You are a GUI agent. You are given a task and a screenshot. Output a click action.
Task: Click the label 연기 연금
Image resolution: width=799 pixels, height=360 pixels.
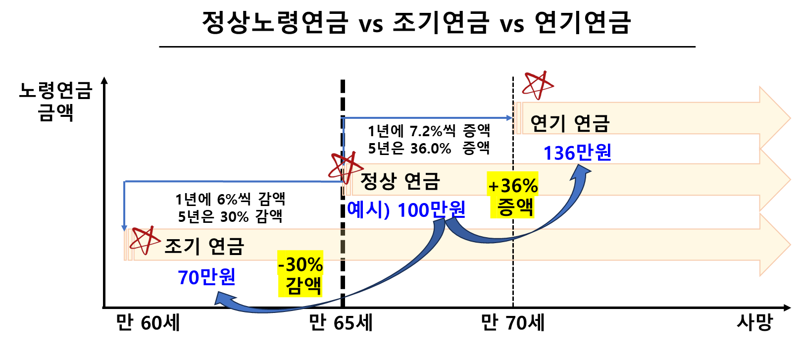pyautogui.click(x=569, y=123)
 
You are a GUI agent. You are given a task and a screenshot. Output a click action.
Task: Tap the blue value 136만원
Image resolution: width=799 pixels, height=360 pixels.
pyautogui.click(x=577, y=153)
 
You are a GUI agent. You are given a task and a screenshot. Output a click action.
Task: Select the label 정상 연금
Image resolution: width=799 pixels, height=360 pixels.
pyautogui.click(x=399, y=181)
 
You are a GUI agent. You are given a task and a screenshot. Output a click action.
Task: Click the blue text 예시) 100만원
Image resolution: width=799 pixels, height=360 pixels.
pyautogui.click(x=406, y=210)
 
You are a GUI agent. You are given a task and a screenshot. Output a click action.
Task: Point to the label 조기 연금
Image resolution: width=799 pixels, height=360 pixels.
pyautogui.click(x=204, y=246)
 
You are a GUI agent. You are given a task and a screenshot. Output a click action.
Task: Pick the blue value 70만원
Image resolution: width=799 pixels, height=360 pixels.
pyautogui.click(x=206, y=277)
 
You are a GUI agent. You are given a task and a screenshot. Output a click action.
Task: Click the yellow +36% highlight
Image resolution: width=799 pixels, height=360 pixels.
pyautogui.click(x=513, y=186)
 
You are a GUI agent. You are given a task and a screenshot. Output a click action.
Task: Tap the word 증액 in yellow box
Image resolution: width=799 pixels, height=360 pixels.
pyautogui.click(x=515, y=207)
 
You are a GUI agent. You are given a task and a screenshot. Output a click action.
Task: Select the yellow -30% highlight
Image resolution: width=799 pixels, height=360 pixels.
pyautogui.click(x=300, y=264)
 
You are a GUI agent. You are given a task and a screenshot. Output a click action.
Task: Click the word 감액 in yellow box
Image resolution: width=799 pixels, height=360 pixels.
pyautogui.click(x=303, y=286)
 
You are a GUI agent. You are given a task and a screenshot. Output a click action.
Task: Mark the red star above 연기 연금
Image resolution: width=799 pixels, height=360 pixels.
pyautogui.click(x=538, y=85)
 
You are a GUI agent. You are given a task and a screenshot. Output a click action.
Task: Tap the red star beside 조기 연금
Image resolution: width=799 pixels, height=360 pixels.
pyautogui.click(x=144, y=240)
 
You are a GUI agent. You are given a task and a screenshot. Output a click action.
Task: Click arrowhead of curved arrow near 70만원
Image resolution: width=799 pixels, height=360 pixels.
pyautogui.click(x=218, y=300)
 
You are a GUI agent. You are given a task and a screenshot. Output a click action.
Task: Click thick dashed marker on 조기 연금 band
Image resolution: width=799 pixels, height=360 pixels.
pyautogui.click(x=343, y=245)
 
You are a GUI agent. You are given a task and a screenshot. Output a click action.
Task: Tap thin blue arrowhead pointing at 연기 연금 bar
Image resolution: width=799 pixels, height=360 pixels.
pyautogui.click(x=510, y=118)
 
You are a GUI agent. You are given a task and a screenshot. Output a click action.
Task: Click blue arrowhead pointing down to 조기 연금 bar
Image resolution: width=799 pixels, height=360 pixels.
pyautogui.click(x=124, y=228)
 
